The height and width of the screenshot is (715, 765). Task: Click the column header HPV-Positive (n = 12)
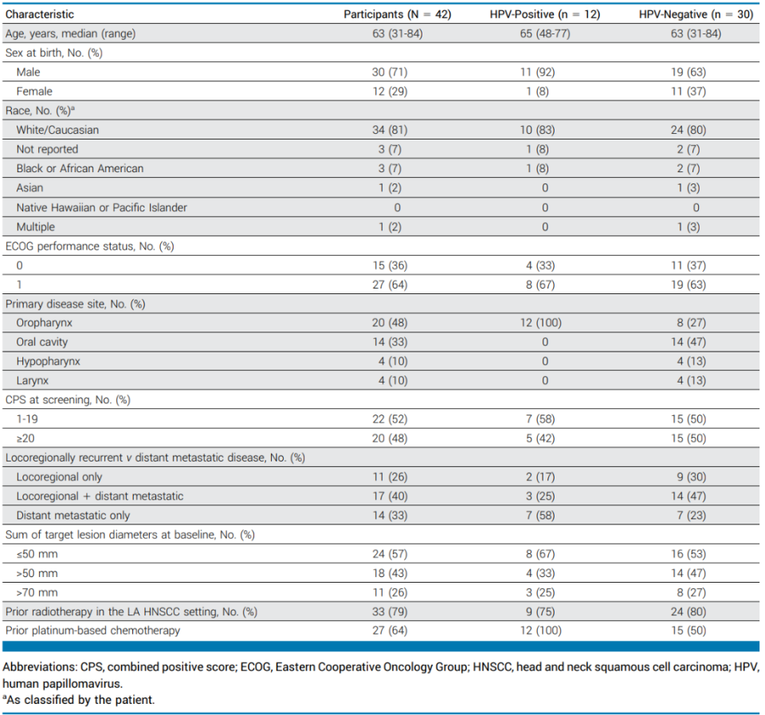[544, 14]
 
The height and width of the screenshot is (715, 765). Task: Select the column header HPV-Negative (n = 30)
[696, 14]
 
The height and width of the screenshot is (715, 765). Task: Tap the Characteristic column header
[40, 14]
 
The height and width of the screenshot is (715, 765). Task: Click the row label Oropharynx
[45, 323]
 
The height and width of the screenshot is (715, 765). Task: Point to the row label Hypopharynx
[49, 361]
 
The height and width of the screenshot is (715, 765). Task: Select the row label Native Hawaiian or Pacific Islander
[101, 207]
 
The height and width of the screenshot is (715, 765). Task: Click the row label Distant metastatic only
[73, 516]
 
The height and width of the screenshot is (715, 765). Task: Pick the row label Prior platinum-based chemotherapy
[92, 630]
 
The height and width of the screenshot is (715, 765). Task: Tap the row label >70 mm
[37, 592]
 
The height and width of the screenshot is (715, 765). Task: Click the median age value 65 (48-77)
[545, 33]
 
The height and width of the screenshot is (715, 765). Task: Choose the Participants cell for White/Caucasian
[390, 130]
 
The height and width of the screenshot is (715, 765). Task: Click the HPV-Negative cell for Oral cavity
[688, 342]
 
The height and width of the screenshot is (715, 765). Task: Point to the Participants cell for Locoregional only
[390, 477]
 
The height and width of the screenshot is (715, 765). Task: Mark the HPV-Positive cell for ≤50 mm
[540, 554]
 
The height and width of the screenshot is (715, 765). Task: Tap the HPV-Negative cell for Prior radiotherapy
[688, 611]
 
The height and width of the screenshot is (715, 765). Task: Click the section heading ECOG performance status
[90, 246]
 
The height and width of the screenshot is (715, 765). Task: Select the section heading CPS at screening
[68, 399]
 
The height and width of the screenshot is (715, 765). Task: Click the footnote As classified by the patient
[79, 700]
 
